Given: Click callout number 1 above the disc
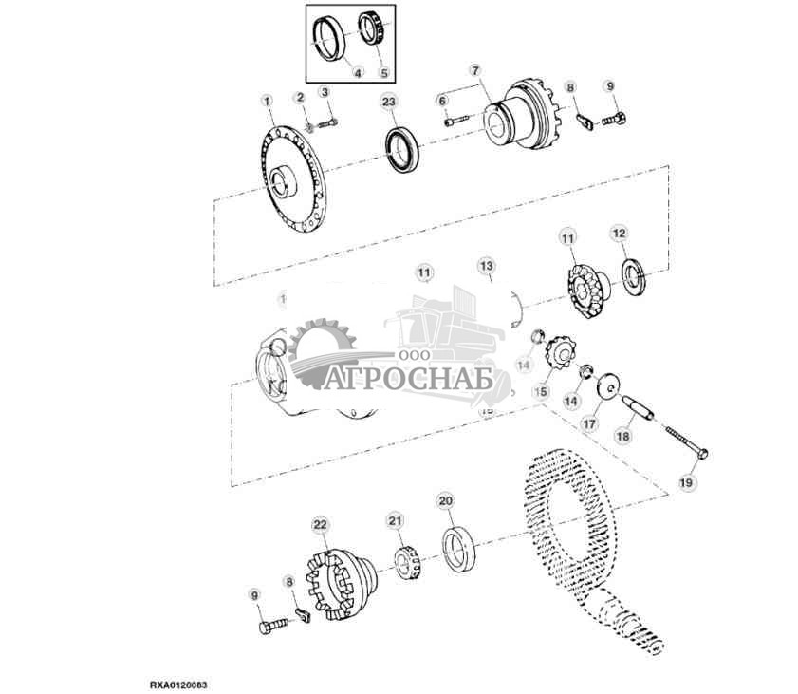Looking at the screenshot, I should tap(267, 101).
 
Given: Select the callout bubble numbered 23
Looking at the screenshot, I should tap(389, 102).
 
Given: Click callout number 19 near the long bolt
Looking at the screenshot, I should tap(687, 483).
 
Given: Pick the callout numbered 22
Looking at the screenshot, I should tap(320, 524).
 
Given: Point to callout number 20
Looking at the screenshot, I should tap(445, 500).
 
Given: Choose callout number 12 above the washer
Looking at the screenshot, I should tap(619, 233).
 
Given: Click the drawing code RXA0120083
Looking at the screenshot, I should tap(178, 683).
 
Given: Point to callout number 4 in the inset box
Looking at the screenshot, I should tap(357, 72).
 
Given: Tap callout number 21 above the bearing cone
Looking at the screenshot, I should tap(395, 519).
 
